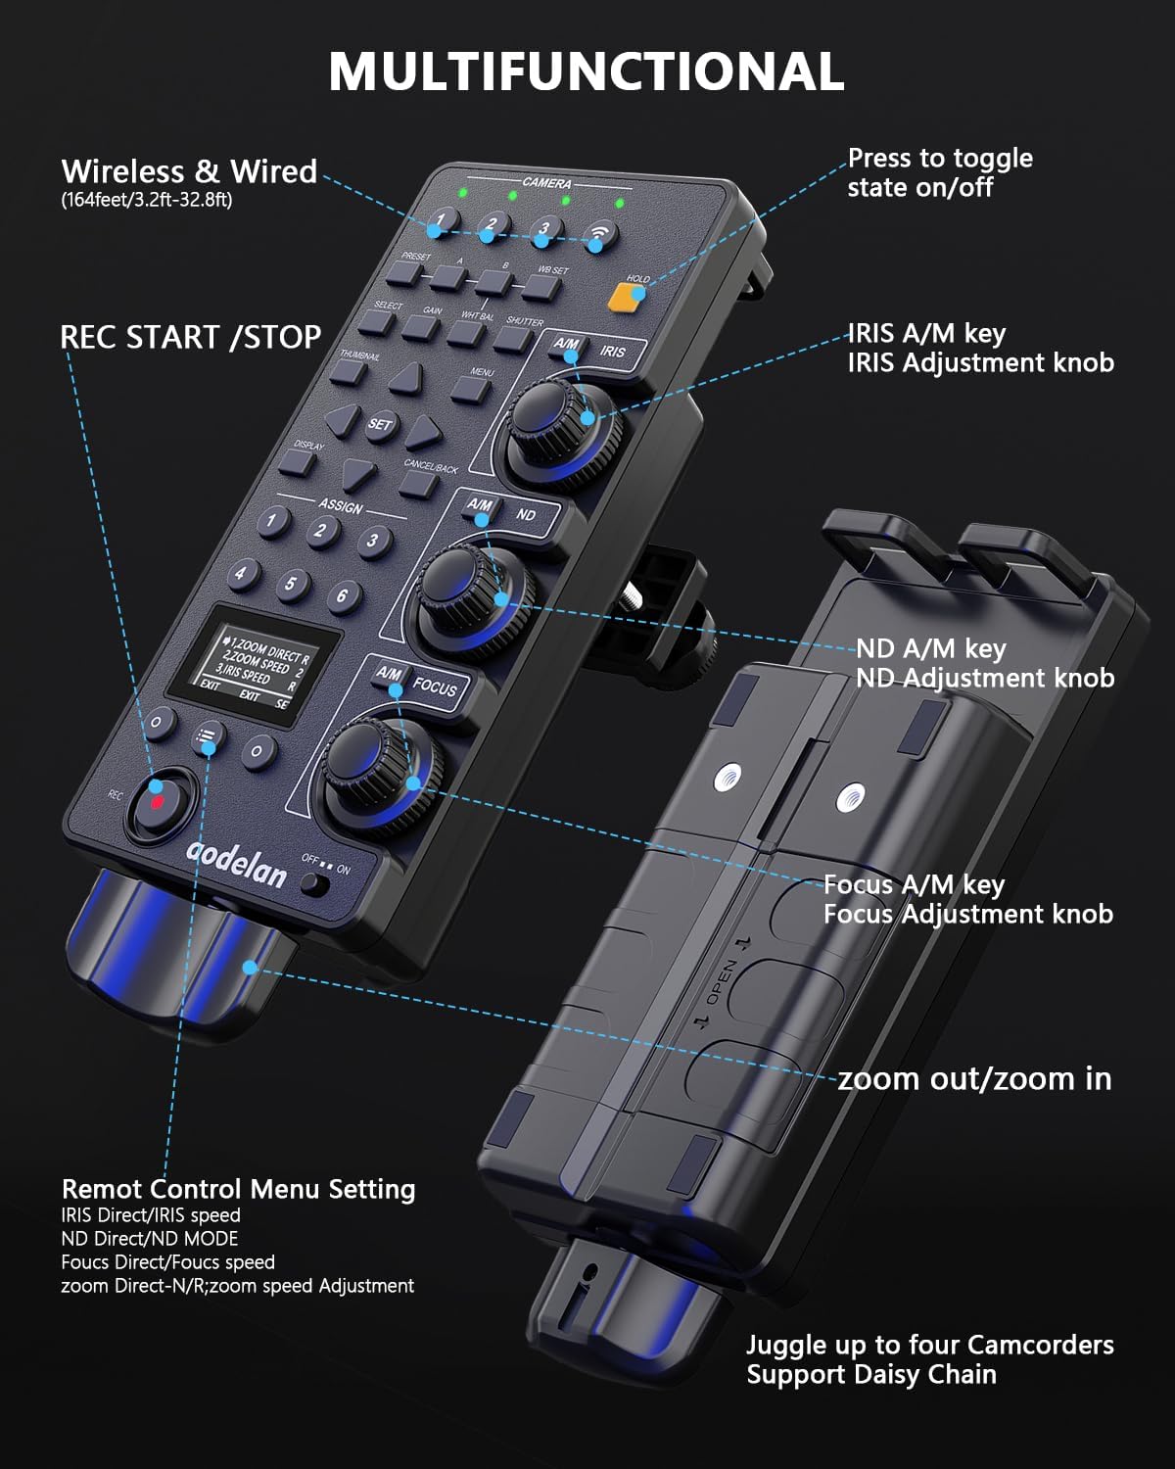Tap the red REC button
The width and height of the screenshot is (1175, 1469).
point(158,799)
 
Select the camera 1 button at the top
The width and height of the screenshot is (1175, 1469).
point(442,220)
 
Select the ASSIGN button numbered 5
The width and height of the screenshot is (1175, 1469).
point(291,585)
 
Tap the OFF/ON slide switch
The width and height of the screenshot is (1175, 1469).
point(315,883)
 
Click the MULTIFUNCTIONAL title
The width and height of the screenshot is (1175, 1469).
point(587,71)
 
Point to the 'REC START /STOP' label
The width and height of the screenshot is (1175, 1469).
point(191,337)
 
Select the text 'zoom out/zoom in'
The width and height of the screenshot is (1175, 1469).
point(974,1079)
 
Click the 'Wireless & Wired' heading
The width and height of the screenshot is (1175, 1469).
point(189,171)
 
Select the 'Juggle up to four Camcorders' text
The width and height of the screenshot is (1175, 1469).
point(929,1345)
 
